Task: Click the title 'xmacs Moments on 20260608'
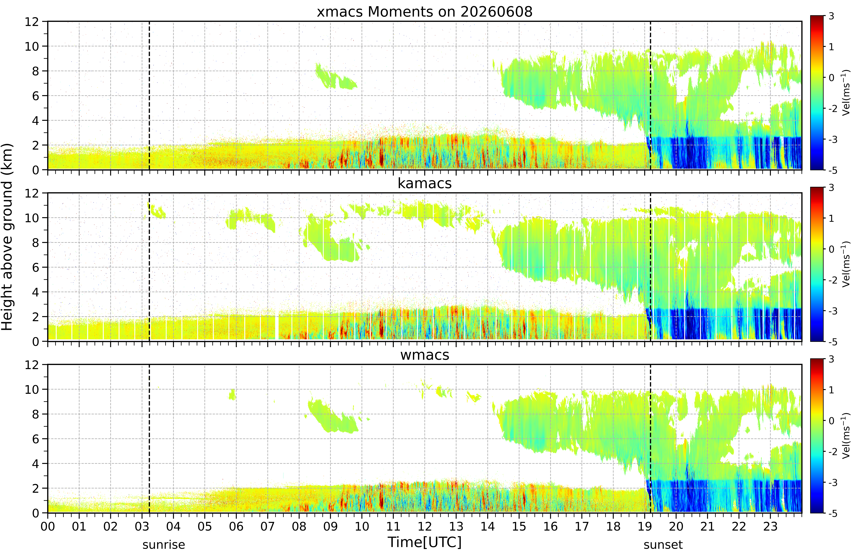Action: click(425, 12)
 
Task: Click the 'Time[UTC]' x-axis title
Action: click(425, 542)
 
